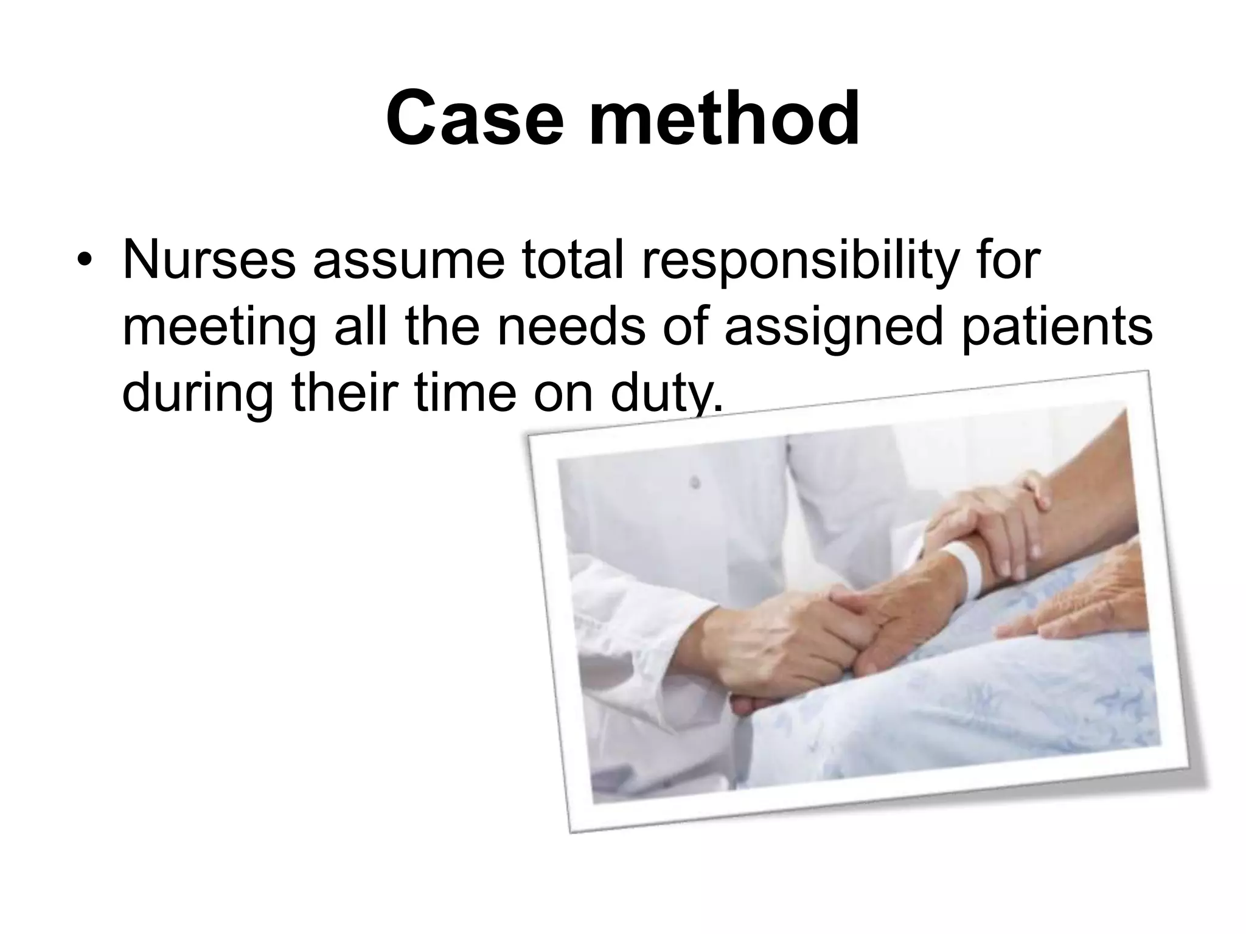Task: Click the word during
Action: coord(198,395)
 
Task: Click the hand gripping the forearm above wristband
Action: coord(998,523)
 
